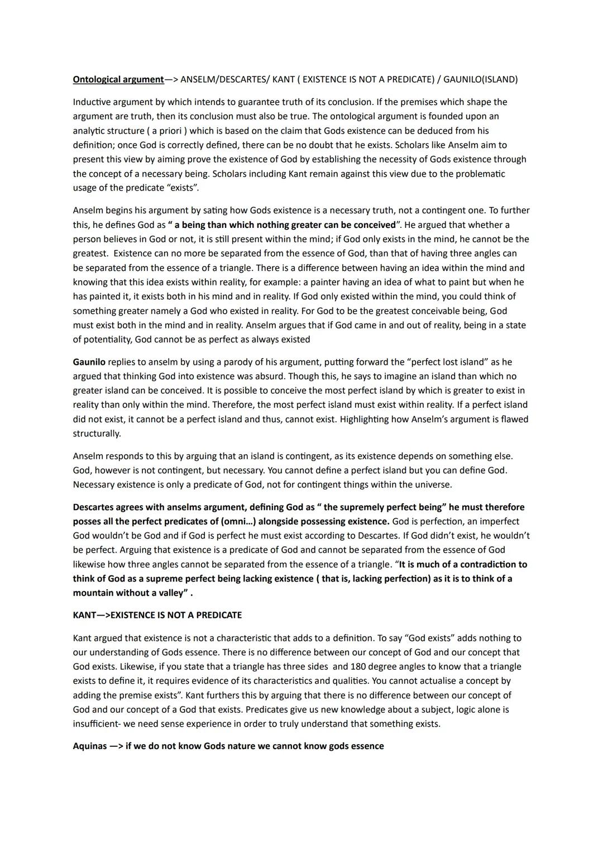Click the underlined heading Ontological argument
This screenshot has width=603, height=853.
point(118,79)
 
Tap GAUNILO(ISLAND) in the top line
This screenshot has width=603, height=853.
point(480,79)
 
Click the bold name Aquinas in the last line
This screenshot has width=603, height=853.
point(89,746)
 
